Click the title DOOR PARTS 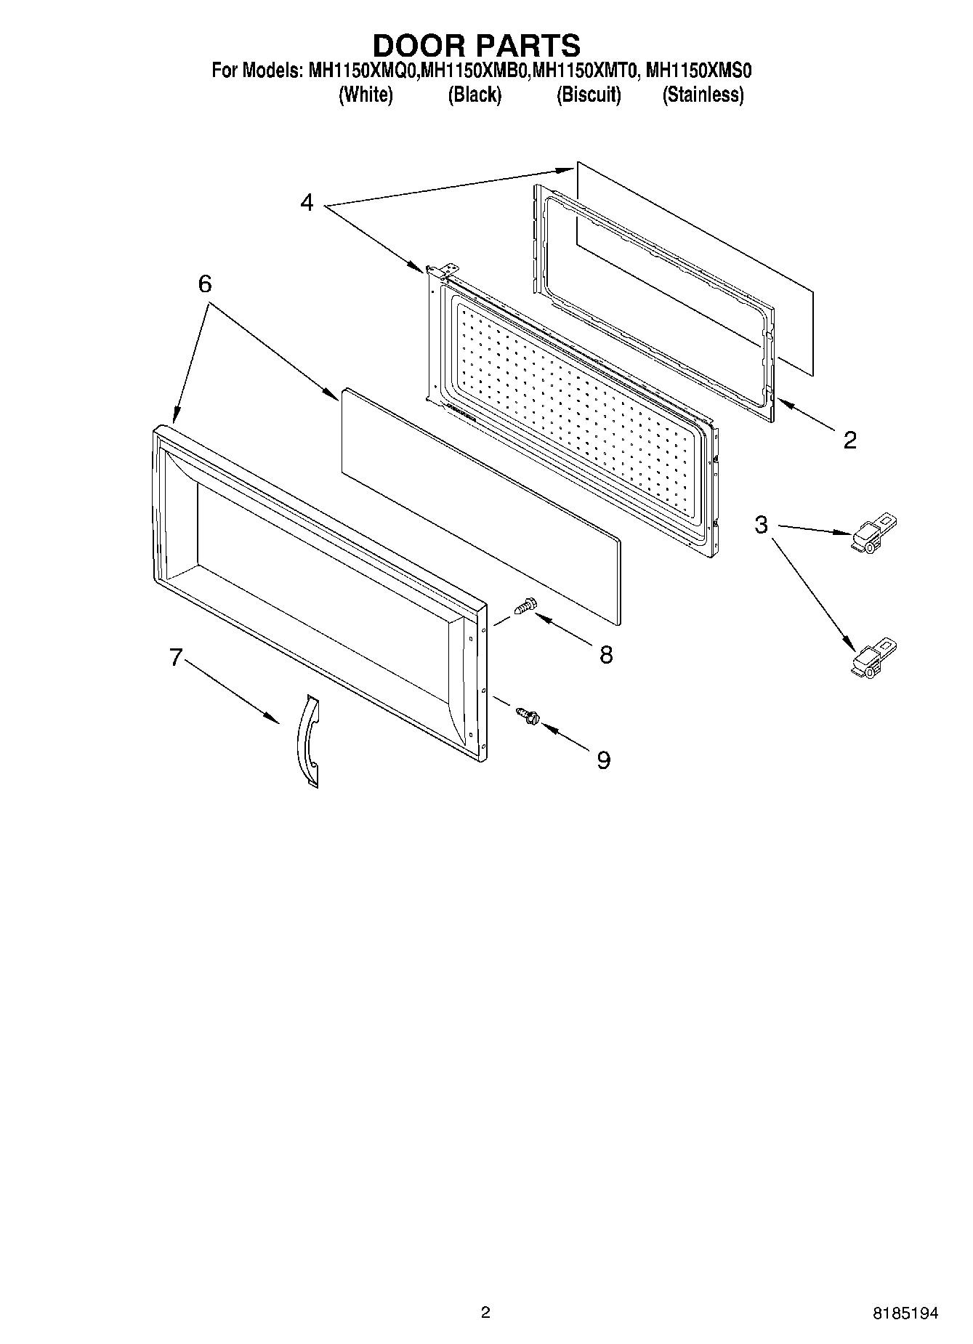(477, 45)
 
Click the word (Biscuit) (589, 95)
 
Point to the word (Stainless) (703, 95)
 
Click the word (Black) (475, 95)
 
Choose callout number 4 (307, 203)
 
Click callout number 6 (205, 284)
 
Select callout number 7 (175, 657)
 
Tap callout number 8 (606, 655)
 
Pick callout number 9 (604, 760)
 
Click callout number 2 (849, 440)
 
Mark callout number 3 (761, 525)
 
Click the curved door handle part (308, 741)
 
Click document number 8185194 (905, 1313)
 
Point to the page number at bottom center (485, 1313)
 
